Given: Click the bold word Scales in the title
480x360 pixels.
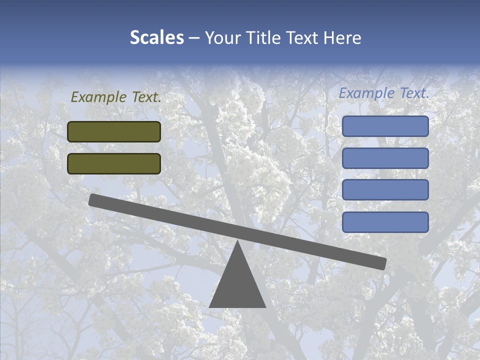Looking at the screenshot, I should point(156,37).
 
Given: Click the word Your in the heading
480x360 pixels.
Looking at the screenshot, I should point(221,37).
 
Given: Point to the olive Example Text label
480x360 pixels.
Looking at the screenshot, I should point(116,97).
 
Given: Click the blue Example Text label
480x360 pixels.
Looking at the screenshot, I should point(384,93).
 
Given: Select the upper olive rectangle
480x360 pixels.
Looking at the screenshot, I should point(114,131).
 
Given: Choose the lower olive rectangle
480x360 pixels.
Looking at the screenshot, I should point(114,163).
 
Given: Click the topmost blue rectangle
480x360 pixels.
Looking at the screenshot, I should point(385,126).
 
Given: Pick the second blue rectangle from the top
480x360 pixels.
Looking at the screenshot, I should point(385,158).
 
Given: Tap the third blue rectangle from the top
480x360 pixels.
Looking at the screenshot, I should point(385,190).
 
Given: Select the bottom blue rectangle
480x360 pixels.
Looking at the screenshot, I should point(385,222).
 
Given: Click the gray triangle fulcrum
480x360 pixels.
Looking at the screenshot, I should point(237,285).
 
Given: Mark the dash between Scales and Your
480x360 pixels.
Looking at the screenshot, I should point(194,38).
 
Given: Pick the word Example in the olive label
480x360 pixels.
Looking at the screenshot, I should point(98,97).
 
